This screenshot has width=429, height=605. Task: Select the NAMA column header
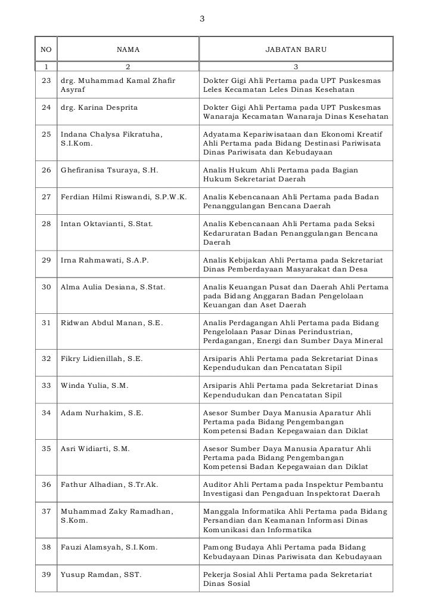tap(128, 50)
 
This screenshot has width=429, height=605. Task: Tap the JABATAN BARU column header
tap(296, 50)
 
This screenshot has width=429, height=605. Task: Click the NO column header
tap(46, 50)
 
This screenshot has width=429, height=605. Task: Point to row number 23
tap(46, 80)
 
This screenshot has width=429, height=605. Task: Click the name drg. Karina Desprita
tap(99, 107)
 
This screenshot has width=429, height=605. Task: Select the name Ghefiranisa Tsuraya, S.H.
tap(110, 170)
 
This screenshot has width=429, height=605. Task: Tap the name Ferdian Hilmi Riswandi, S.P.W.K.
tap(124, 197)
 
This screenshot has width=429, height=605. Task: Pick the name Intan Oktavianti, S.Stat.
tap(107, 224)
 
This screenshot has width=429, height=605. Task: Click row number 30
tap(46, 287)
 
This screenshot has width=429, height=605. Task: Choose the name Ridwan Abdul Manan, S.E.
tap(112, 323)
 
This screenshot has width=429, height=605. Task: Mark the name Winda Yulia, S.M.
tap(94, 385)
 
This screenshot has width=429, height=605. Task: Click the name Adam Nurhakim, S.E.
tap(102, 412)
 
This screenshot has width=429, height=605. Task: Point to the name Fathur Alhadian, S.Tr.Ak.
tap(110, 484)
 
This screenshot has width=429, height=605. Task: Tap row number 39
tap(46, 575)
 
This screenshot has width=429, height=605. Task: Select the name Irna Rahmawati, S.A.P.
tap(105, 260)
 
